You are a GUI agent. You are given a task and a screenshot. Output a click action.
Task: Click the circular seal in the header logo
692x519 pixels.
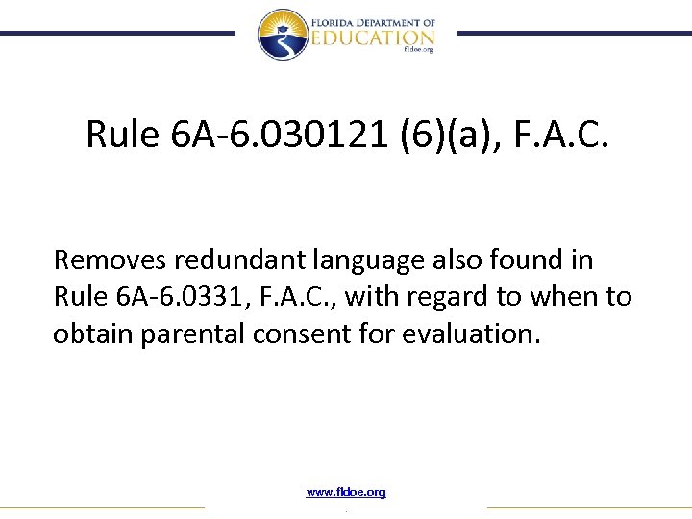coord(283,35)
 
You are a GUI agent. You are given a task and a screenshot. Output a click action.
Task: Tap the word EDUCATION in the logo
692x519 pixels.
coord(370,37)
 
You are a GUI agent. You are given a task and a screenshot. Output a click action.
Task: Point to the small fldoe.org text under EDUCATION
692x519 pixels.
coord(418,50)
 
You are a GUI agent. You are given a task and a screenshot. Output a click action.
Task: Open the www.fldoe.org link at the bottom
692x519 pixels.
coord(346,492)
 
